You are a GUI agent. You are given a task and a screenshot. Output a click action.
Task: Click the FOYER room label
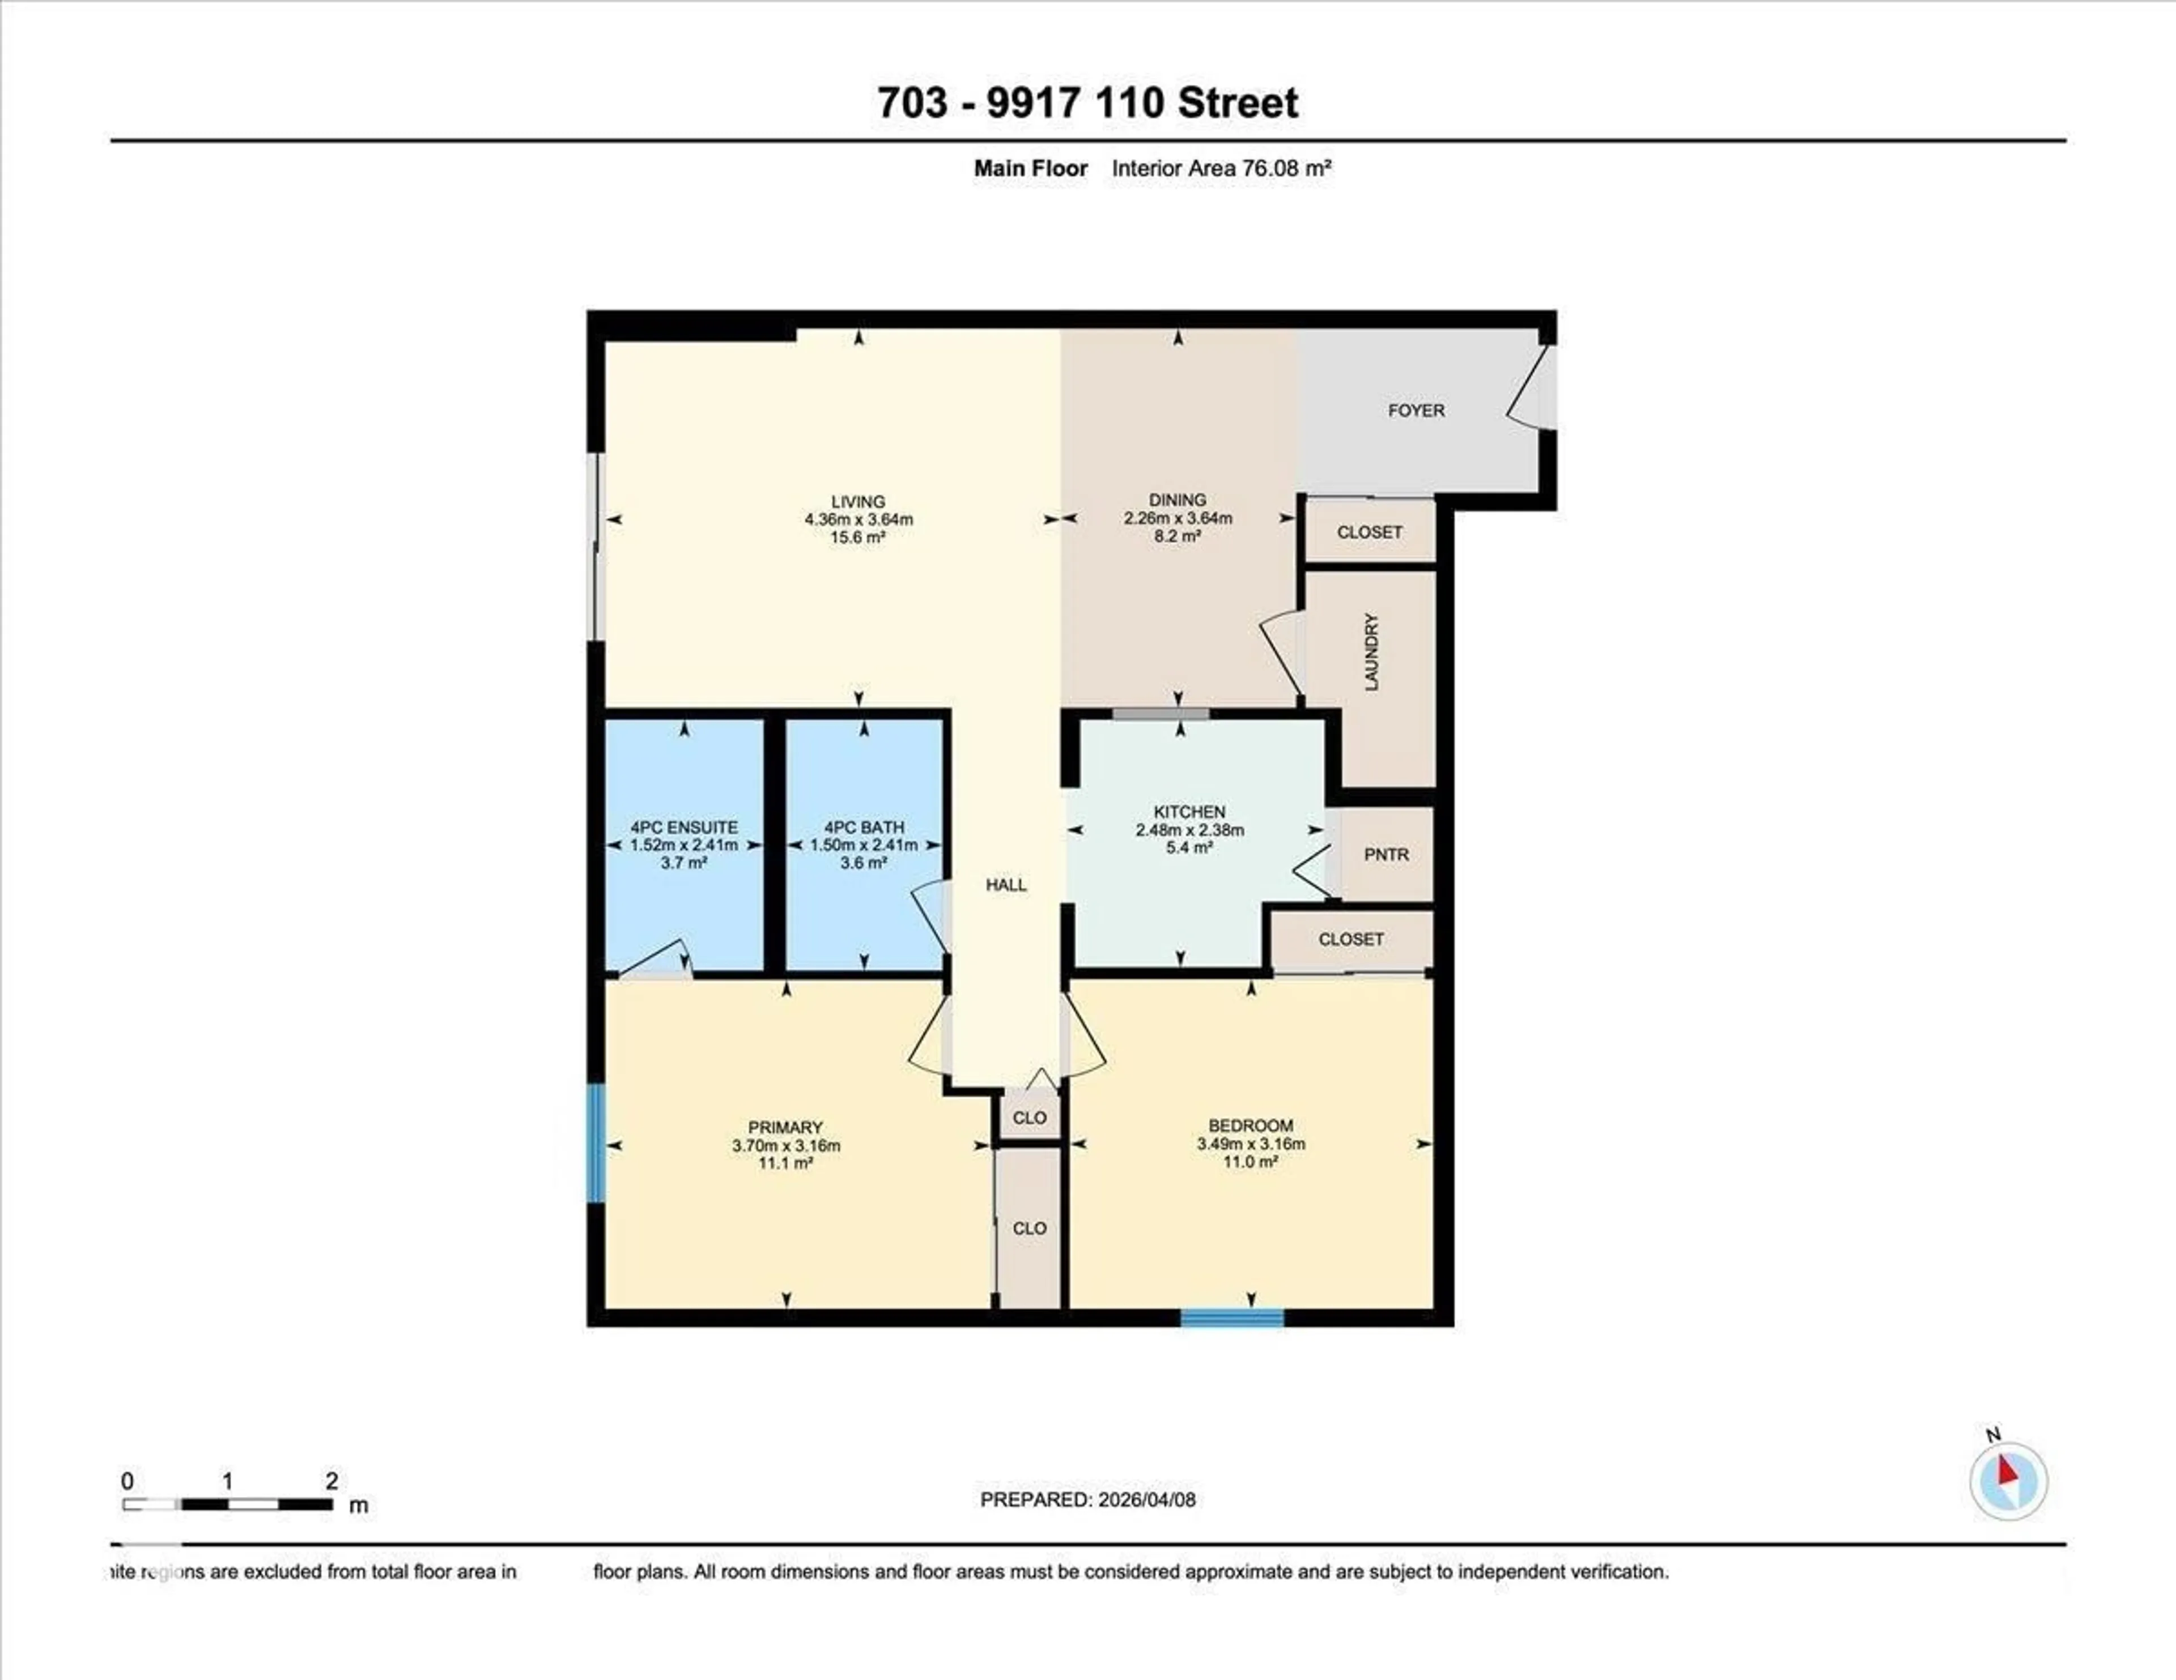pos(1416,410)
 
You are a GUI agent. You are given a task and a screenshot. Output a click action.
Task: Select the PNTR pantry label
pos(1386,854)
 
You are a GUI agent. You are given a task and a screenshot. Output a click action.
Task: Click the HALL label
pos(1006,884)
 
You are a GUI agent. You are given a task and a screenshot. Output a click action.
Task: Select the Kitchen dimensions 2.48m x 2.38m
pos(1189,830)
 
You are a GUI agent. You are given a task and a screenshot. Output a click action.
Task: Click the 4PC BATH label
pos(864,826)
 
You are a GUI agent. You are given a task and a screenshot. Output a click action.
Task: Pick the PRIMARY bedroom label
pos(785,1127)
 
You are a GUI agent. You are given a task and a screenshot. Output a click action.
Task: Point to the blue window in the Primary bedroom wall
pos(596,1143)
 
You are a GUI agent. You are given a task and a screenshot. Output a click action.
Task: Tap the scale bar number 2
pos(331,1481)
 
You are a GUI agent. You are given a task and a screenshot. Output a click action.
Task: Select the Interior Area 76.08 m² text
pos(1222,168)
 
